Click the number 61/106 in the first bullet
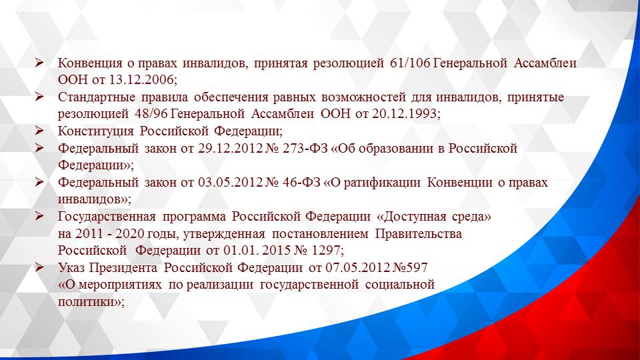coord(409,63)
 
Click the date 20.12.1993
coord(404,114)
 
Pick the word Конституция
coord(96,131)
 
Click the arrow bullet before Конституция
coord(39,131)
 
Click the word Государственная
coord(107,217)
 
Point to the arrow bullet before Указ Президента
coord(39,268)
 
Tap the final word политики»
coord(91,301)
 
